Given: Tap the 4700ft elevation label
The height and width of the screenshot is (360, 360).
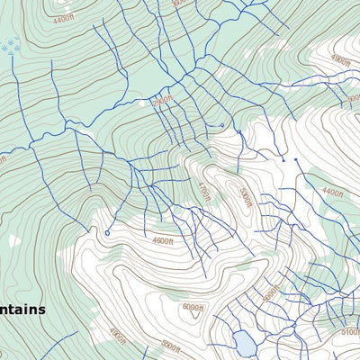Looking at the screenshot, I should click(x=203, y=191).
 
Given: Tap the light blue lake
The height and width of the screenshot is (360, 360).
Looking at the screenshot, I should click(x=243, y=343).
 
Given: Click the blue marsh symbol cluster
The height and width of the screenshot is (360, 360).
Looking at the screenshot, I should click(x=10, y=46).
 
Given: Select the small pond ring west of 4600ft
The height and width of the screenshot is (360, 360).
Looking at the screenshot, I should click(x=107, y=233).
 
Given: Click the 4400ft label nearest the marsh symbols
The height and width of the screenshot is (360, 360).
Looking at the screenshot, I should click(x=62, y=19).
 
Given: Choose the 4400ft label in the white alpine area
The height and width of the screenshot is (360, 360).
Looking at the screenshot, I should click(x=332, y=192).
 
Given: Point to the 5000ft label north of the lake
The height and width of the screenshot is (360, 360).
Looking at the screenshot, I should click(x=269, y=293).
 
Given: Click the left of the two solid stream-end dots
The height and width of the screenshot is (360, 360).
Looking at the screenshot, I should click(x=282, y=159).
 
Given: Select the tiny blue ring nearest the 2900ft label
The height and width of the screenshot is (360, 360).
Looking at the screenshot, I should click(x=221, y=125).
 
